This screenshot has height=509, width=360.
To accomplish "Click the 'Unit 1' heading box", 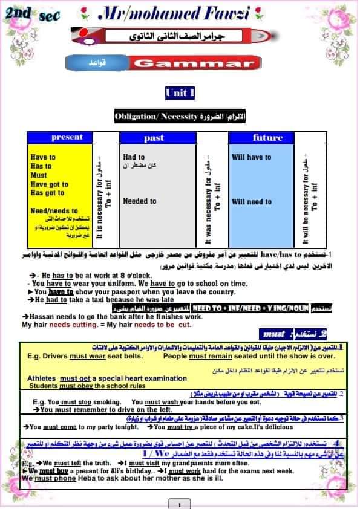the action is (180, 92).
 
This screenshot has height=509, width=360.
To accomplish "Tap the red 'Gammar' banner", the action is (194, 63).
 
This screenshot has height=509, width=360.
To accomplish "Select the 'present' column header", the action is (67, 137).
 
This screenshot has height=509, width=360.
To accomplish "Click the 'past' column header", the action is (154, 138).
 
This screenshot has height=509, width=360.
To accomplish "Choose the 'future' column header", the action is (267, 138).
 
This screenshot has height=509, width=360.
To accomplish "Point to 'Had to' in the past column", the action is (134, 157).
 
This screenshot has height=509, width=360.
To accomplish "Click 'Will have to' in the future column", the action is (252, 157).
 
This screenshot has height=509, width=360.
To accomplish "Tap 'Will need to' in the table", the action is (252, 202).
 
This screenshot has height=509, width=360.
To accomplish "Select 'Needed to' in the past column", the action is (140, 201).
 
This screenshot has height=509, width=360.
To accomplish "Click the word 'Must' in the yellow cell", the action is (39, 175).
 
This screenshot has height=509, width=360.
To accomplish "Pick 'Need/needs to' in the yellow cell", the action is (54, 211).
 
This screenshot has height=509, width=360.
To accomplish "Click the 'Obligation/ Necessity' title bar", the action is (180, 116).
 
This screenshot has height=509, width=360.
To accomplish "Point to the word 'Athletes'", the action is (43, 378).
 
